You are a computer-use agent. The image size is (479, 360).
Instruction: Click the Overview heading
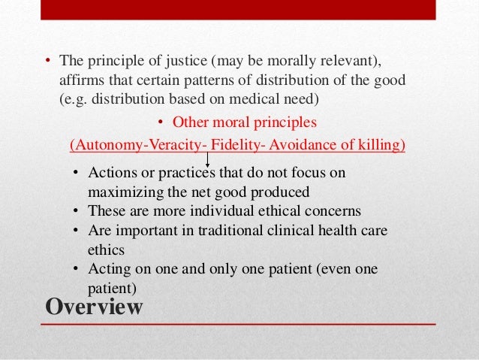95,307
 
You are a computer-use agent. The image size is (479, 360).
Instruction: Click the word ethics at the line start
106,250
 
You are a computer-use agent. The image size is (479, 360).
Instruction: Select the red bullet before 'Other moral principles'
161,123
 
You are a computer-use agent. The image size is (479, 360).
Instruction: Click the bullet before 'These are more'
77,210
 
